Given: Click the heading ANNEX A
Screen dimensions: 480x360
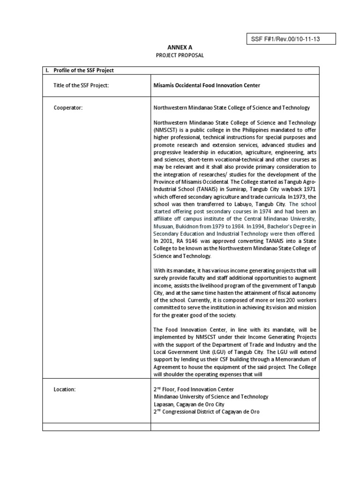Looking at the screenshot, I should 180,47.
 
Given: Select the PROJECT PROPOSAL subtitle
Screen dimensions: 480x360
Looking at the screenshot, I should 180,55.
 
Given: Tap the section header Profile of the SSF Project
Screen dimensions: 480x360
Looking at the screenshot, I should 84,70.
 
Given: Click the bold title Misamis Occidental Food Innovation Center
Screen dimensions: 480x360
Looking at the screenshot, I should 207,85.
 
